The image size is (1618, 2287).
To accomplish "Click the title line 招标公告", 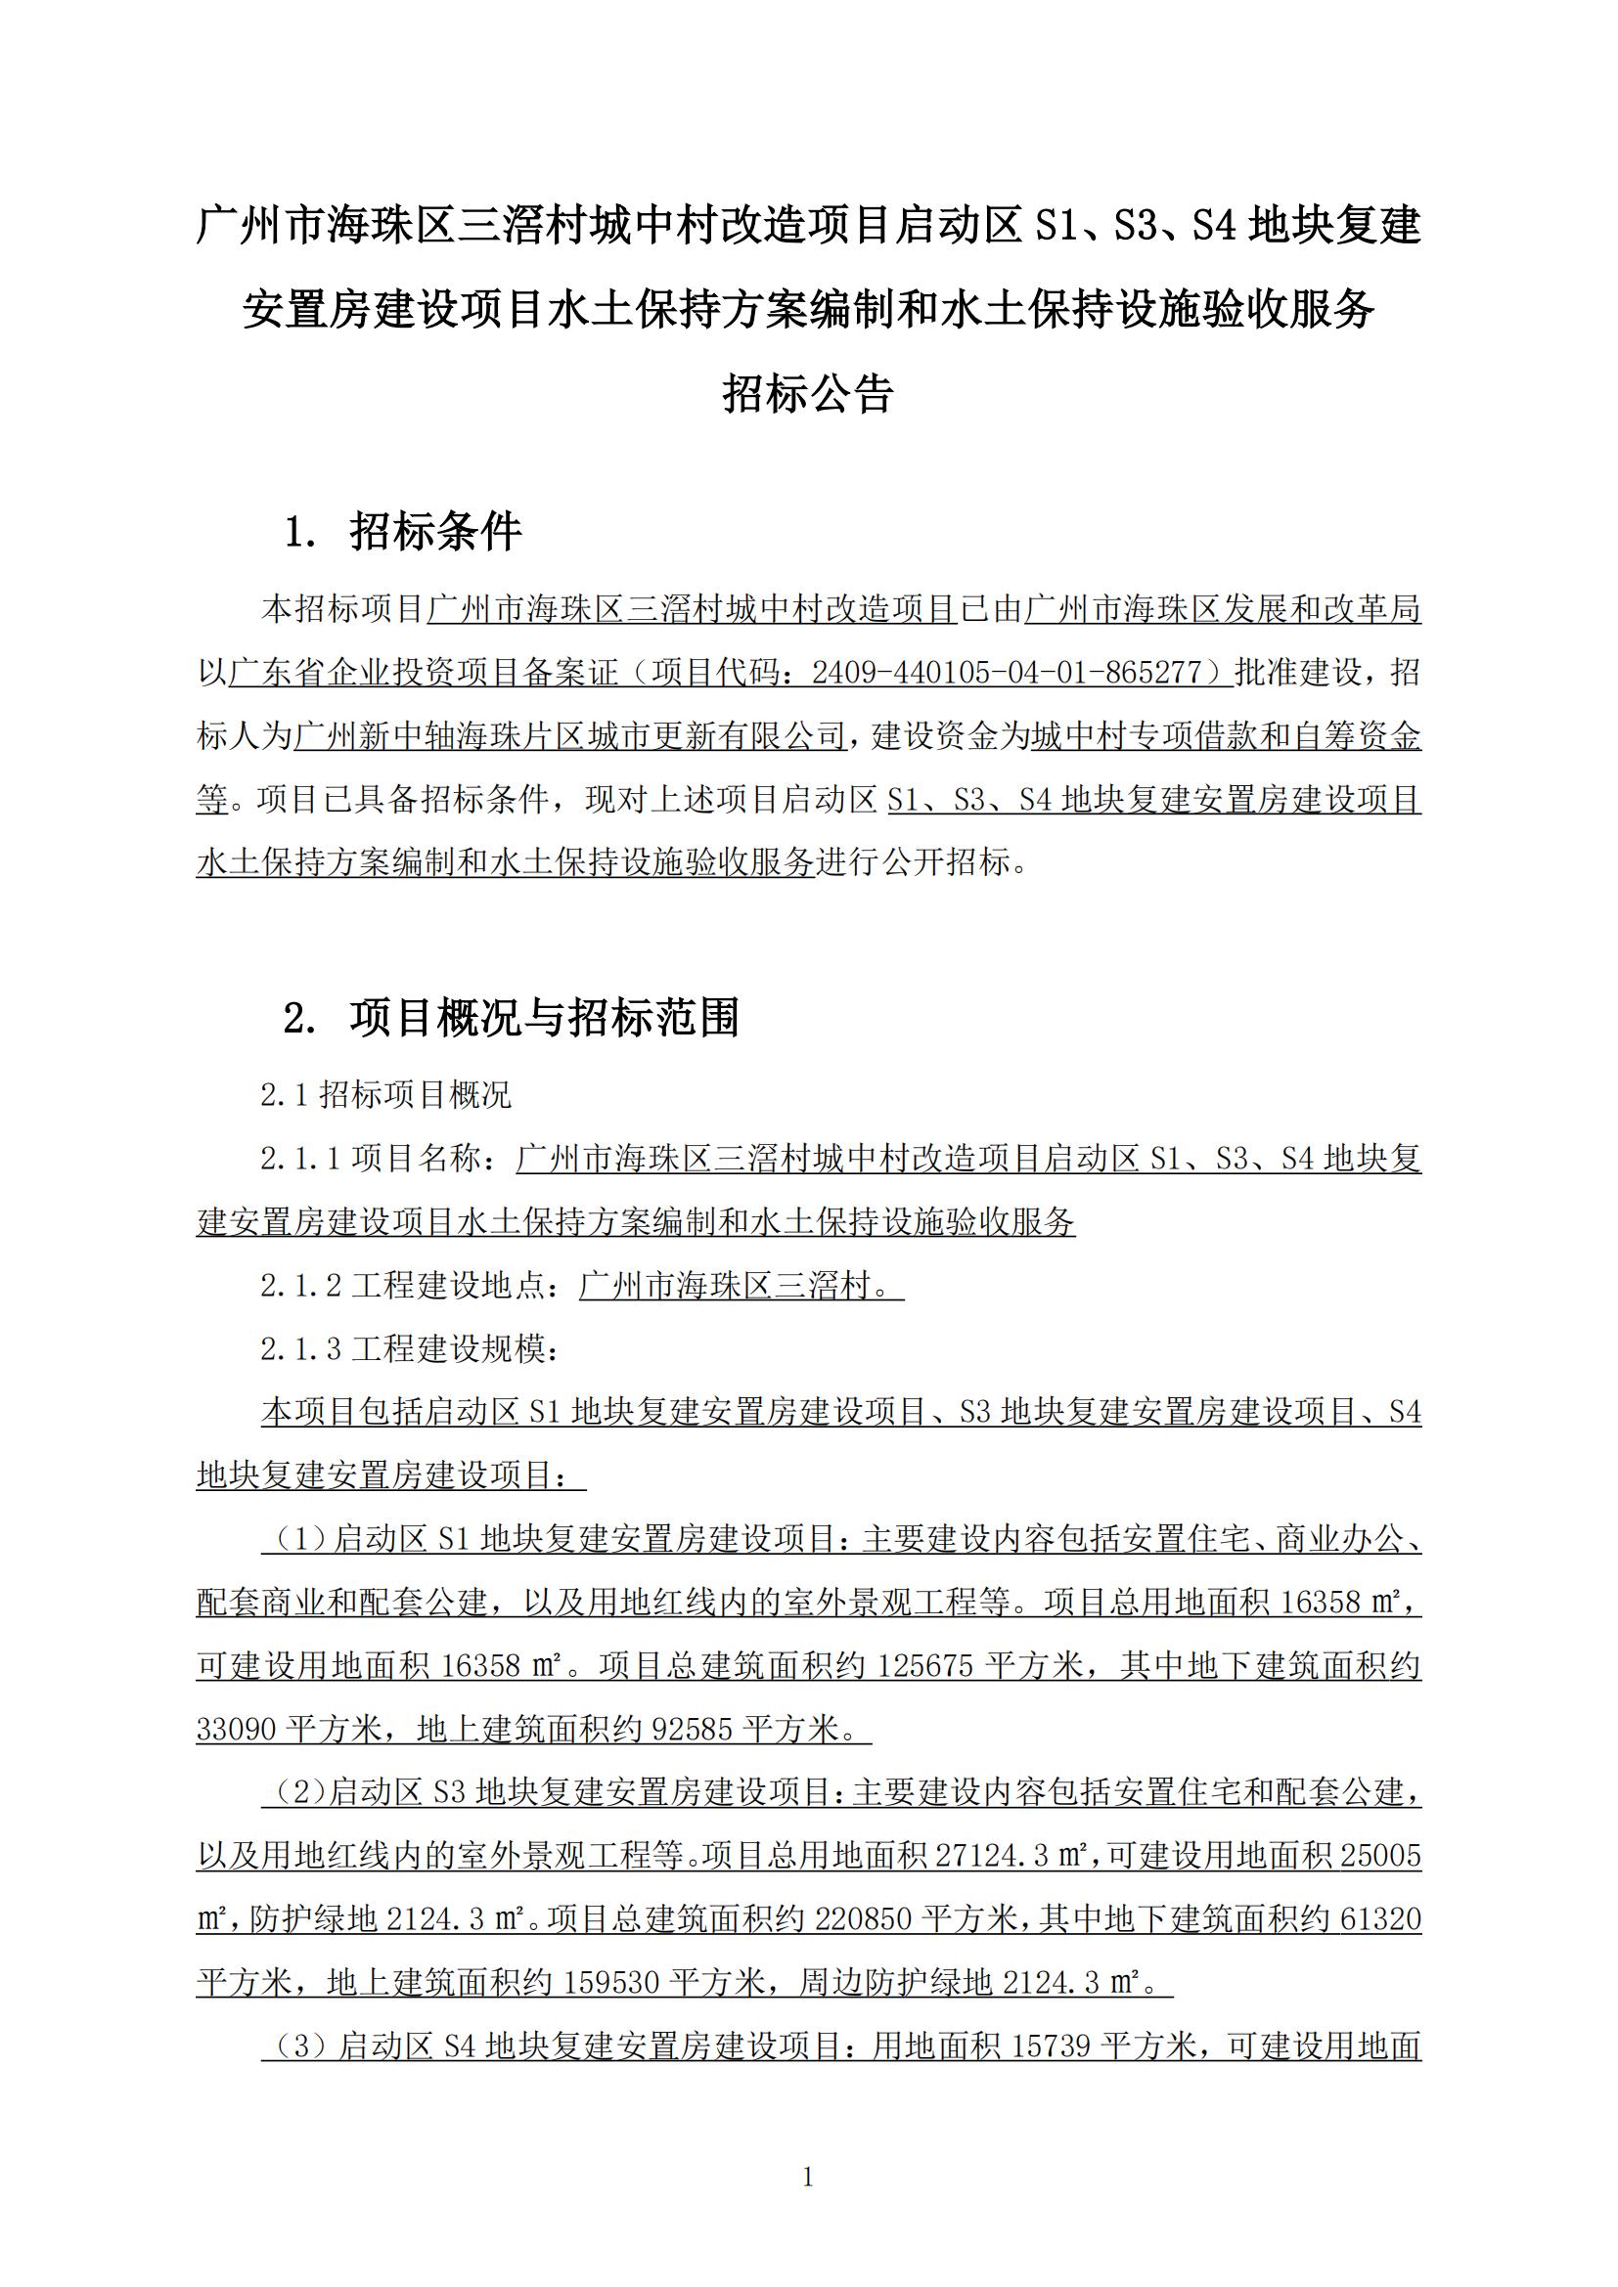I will click(808, 394).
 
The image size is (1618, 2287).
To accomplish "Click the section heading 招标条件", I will click(435, 532).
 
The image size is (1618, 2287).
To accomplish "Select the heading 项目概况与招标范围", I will click(544, 1018).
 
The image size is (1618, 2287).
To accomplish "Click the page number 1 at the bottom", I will click(808, 2177).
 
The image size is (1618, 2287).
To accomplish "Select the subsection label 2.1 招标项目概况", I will click(385, 1096).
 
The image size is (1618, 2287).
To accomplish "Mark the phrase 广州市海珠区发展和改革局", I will click(1223, 609).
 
